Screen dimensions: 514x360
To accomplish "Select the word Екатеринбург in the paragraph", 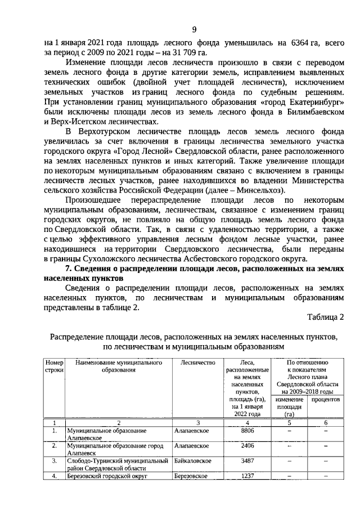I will point(308,102).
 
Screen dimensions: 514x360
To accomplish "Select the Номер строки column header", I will point(55,368).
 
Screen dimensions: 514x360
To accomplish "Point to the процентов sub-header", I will point(325,399).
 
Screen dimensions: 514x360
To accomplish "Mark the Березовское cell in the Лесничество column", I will point(191,476).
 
